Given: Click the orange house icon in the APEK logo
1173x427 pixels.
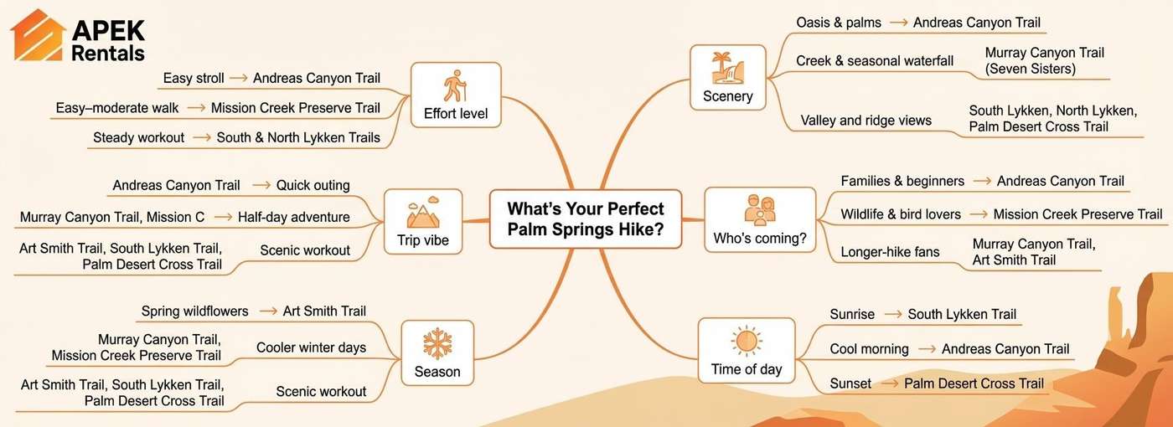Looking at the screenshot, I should click(38, 36).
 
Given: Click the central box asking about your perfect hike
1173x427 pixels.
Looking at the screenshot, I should click(585, 219).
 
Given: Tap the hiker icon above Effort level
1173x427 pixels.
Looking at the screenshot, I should click(455, 86).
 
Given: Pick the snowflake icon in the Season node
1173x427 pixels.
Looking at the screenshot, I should click(437, 344).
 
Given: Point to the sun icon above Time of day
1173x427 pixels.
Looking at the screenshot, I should click(746, 342).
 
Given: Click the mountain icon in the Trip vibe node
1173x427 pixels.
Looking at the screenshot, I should click(422, 213).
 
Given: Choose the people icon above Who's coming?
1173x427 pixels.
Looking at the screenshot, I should click(759, 211).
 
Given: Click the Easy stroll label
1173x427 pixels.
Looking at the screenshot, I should click(194, 79).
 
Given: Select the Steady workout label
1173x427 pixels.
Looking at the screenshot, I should click(138, 137).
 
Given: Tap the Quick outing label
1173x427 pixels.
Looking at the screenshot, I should click(313, 185).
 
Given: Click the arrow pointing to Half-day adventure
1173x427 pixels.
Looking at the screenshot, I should click(222, 218).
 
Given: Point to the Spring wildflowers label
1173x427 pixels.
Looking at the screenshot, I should click(194, 311).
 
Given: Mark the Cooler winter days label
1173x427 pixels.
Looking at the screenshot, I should click(311, 347).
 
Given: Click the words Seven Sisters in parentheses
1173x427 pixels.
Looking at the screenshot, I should click(1031, 69).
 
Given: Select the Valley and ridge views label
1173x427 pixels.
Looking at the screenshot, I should click(866, 121).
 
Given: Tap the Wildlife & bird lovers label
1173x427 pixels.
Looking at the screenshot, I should click(901, 215).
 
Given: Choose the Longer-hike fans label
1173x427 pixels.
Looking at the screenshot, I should click(891, 252).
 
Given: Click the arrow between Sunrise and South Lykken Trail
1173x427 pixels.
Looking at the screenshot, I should click(893, 315).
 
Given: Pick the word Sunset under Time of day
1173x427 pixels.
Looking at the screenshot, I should click(850, 383).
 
